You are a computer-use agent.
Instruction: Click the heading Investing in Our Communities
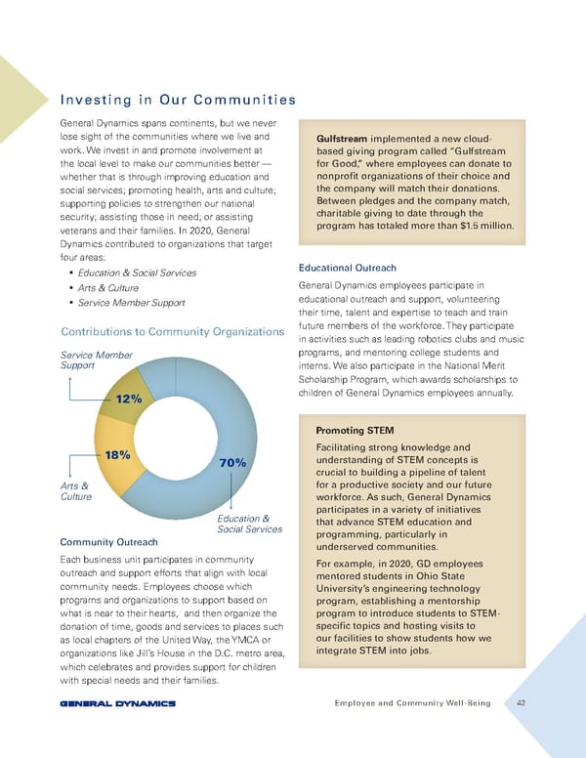[178, 99]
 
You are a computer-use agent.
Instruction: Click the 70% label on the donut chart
[231, 462]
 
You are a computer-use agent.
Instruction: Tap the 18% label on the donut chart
[118, 454]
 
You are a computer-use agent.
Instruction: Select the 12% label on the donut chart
[129, 400]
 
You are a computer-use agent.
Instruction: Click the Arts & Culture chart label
[75, 490]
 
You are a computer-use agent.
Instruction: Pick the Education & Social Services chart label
[250, 524]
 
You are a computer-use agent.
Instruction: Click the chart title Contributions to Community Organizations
[172, 332]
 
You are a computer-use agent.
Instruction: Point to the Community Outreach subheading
[109, 541]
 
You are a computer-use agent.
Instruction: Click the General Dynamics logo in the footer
[117, 702]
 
